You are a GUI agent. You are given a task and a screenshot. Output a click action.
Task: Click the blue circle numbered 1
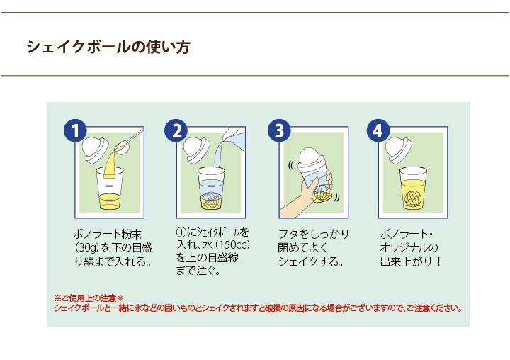(x=75, y=130)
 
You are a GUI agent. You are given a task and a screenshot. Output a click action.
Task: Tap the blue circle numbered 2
(x=176, y=130)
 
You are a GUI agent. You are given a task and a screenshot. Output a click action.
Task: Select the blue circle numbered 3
(x=279, y=130)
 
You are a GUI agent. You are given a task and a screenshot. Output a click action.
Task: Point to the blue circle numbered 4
(x=378, y=130)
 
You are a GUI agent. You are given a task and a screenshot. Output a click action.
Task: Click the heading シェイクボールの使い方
(x=108, y=47)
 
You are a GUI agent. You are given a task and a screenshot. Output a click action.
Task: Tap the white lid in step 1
(x=95, y=150)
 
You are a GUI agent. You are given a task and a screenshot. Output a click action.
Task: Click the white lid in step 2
(x=196, y=150)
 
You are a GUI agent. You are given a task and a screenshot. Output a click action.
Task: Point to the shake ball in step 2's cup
(x=212, y=199)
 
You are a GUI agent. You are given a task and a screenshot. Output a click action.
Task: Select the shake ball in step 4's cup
(x=413, y=197)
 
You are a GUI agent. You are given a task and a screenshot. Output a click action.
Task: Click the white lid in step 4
(x=398, y=150)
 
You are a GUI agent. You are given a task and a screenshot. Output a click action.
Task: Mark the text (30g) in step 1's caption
(x=87, y=248)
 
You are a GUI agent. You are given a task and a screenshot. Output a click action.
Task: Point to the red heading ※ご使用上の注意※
(x=89, y=298)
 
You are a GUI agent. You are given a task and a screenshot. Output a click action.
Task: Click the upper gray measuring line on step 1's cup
(x=110, y=186)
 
